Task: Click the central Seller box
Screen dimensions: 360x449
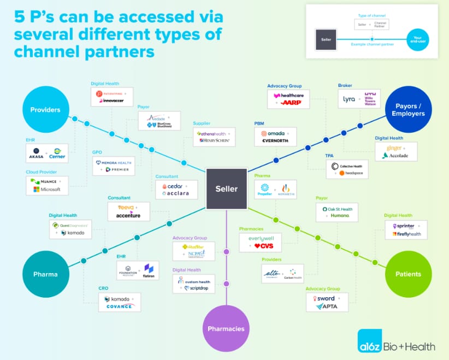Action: pyautogui.click(x=226, y=189)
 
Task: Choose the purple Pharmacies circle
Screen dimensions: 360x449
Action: pyautogui.click(x=226, y=328)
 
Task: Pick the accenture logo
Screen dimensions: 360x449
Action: pyautogui.click(x=128, y=215)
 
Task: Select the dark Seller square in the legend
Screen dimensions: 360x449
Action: pyautogui.click(x=326, y=40)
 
